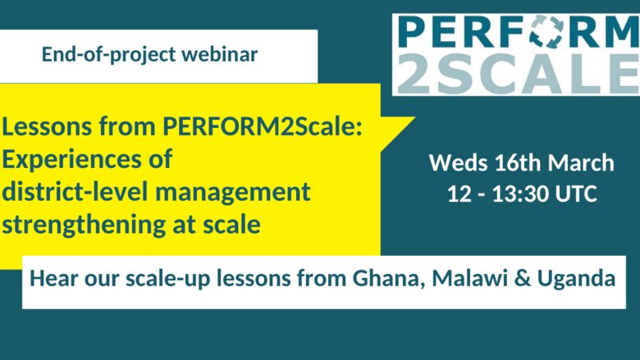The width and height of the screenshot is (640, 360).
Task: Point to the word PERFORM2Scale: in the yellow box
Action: [263, 126]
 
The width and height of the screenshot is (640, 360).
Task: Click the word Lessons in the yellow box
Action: [47, 126]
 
